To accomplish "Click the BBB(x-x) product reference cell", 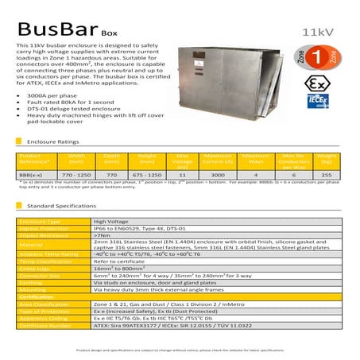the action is [34, 172].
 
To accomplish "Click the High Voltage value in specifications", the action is [111, 222].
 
